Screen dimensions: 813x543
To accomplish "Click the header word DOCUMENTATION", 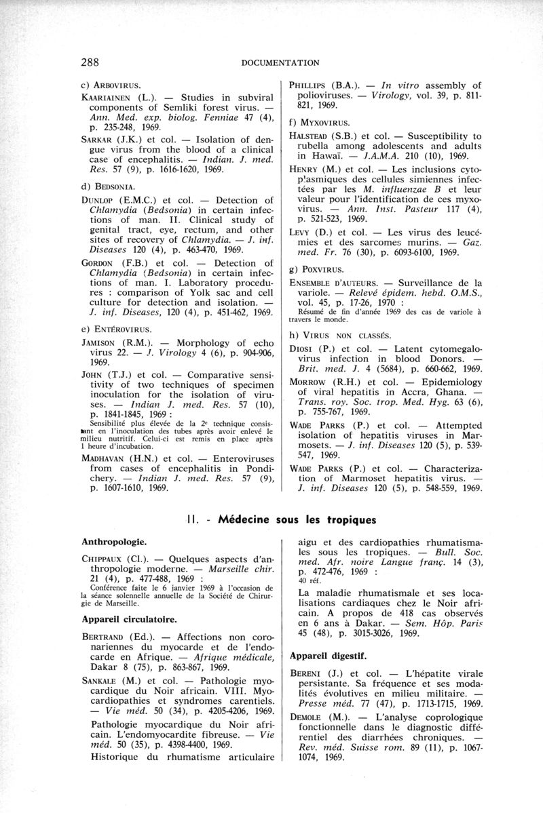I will pyautogui.click(x=280, y=63).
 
